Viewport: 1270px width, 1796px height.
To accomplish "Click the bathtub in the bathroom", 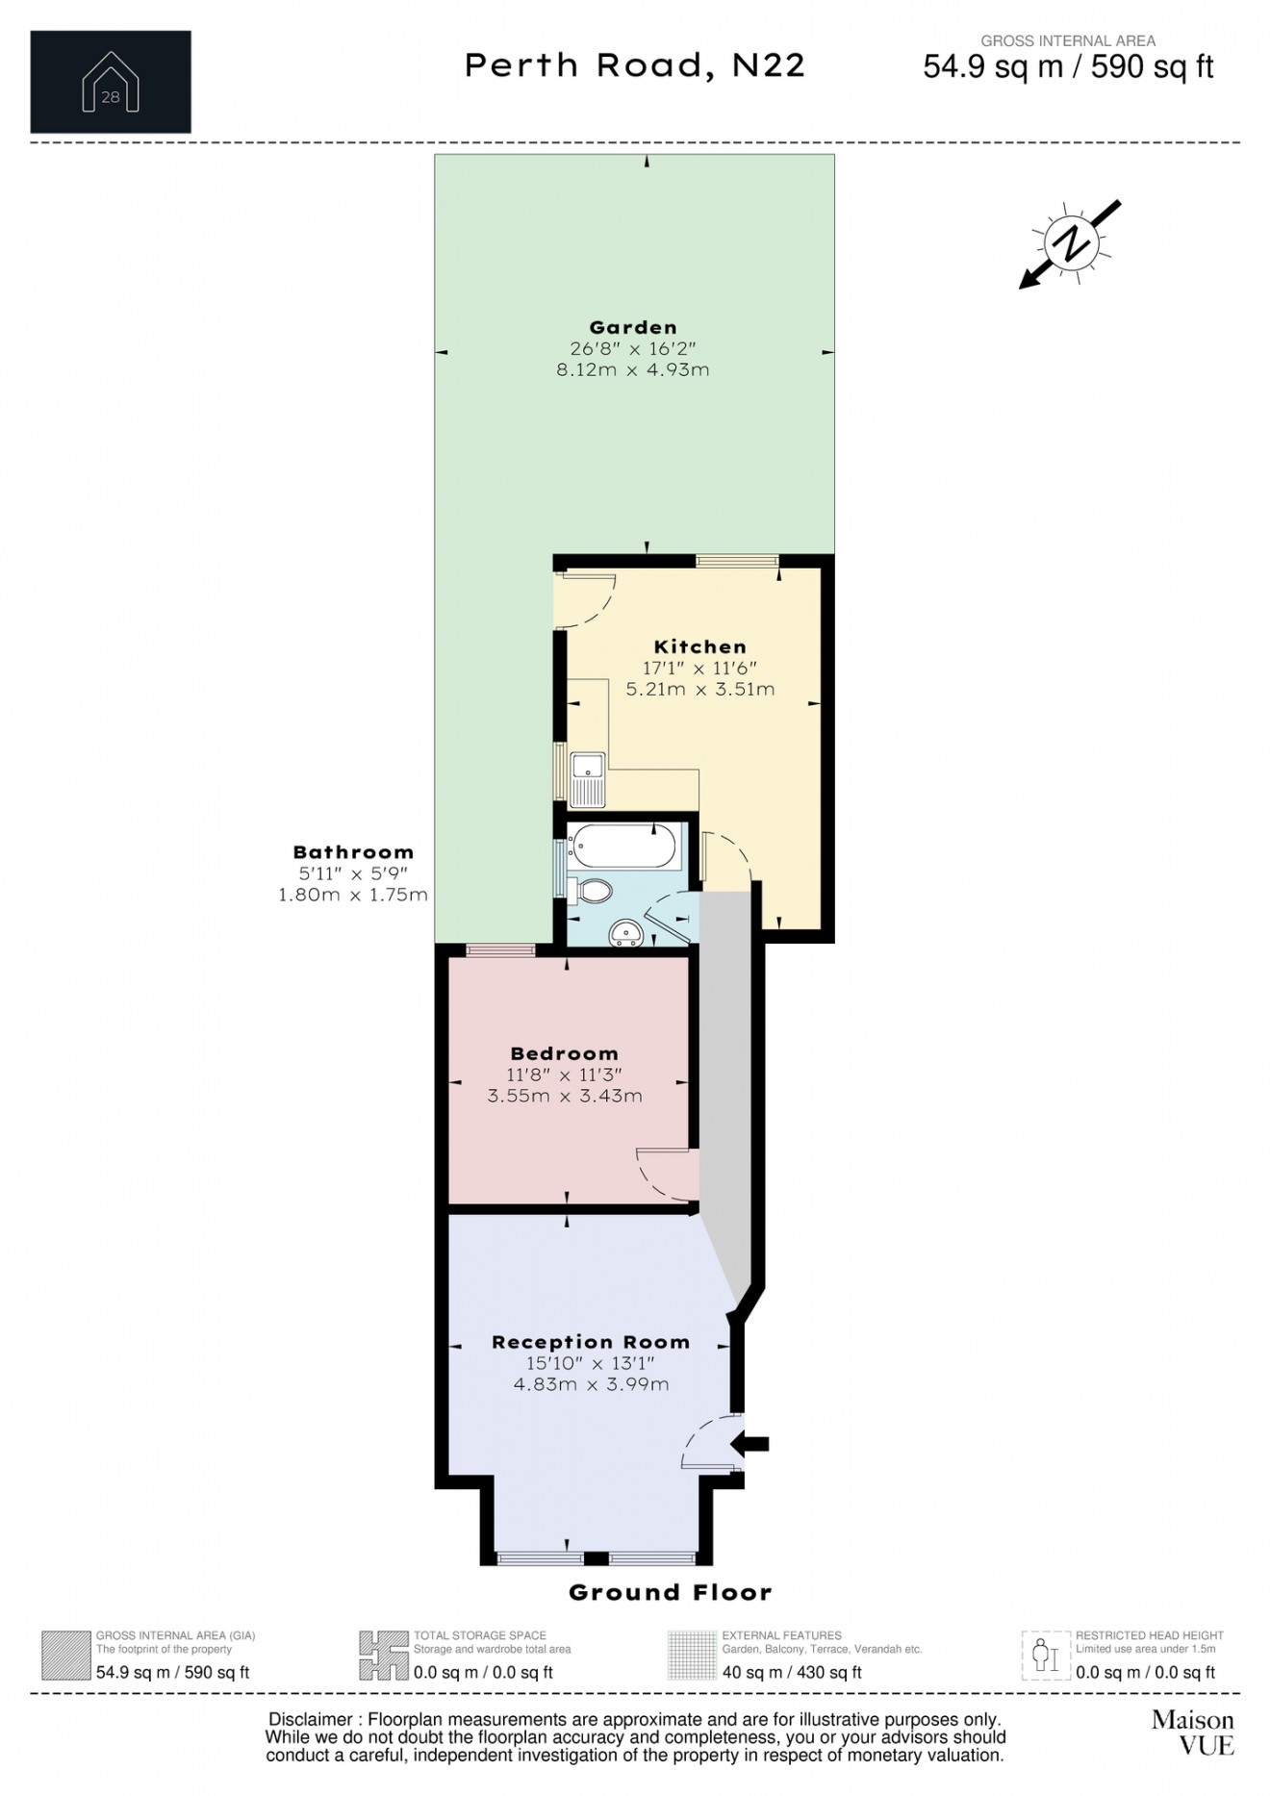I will (x=621, y=846).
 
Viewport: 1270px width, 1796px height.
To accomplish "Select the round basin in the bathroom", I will (x=627, y=930).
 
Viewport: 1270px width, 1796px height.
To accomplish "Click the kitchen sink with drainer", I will (x=586, y=779).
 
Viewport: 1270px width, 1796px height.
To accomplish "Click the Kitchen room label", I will (x=699, y=647).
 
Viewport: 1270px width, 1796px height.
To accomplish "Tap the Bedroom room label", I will (x=564, y=1053).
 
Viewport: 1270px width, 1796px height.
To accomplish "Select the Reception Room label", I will (x=591, y=1342).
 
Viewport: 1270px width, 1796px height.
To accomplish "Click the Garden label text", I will (x=632, y=328).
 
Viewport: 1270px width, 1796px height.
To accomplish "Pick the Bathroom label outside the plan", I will (x=353, y=852).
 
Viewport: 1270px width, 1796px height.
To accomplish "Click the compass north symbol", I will (x=1070, y=242).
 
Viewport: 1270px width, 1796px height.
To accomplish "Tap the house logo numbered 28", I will (x=111, y=82).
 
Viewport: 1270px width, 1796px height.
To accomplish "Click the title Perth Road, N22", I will (x=635, y=65).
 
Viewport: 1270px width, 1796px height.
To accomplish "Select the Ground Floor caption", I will (x=670, y=1592).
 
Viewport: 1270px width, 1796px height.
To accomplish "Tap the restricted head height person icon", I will (x=1045, y=1656).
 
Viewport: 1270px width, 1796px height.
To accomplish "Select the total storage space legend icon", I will (x=383, y=1656).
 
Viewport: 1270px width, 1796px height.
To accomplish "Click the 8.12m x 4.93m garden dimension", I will (x=632, y=370).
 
